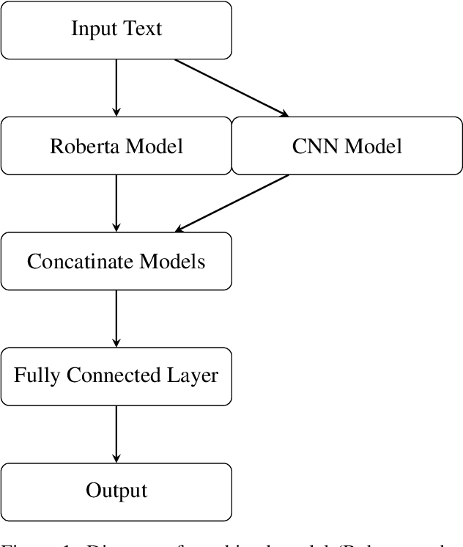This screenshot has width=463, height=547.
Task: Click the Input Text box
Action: pyautogui.click(x=116, y=30)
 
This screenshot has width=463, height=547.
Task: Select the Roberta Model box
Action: pyautogui.click(x=116, y=146)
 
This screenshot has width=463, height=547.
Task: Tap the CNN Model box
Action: pyautogui.click(x=347, y=146)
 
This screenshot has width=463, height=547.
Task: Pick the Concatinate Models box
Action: pyautogui.click(x=116, y=261)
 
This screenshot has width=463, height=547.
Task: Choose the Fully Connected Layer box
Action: pyautogui.click(x=116, y=376)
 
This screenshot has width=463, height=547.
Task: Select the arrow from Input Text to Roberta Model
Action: pyautogui.click(x=116, y=87)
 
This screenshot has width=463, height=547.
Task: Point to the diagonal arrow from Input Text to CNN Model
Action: pyautogui.click(x=231, y=87)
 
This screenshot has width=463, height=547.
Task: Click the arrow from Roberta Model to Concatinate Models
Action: pyautogui.click(x=116, y=203)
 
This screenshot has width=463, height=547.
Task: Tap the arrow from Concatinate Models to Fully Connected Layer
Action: pyautogui.click(x=116, y=318)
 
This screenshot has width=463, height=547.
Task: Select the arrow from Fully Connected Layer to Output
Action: pyautogui.click(x=116, y=433)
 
